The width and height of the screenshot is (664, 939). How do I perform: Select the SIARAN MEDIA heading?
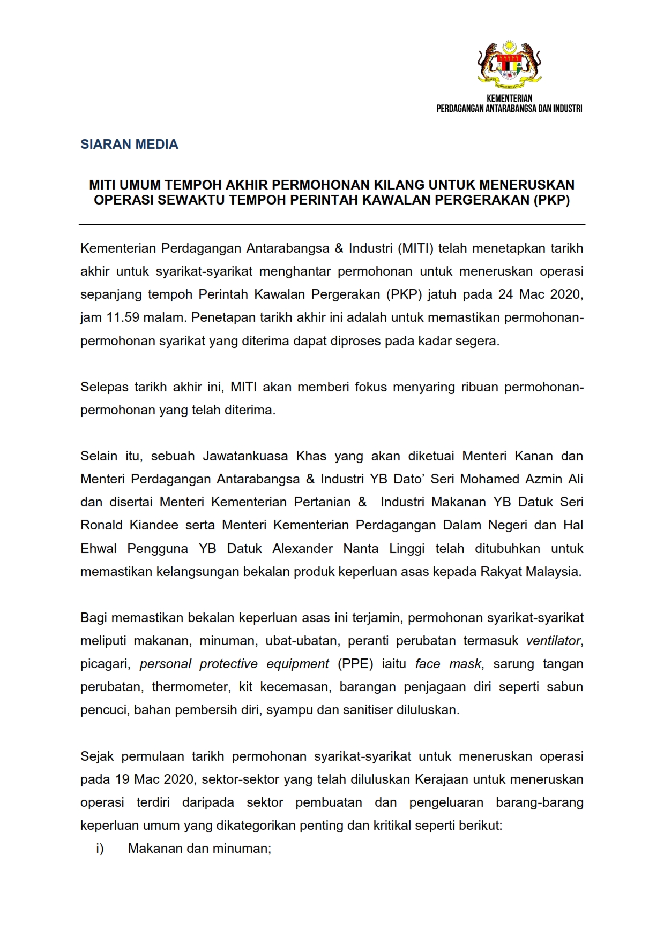coord(129,145)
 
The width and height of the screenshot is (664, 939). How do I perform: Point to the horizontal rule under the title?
coord(332,224)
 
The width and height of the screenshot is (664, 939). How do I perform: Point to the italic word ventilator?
coord(553,641)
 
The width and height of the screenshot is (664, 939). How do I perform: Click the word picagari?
coord(105,664)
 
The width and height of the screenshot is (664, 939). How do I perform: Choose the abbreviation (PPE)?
coord(355,664)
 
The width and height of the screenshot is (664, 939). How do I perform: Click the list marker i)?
coord(100,849)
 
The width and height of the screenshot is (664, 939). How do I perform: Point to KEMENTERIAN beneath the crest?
coord(509,99)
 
